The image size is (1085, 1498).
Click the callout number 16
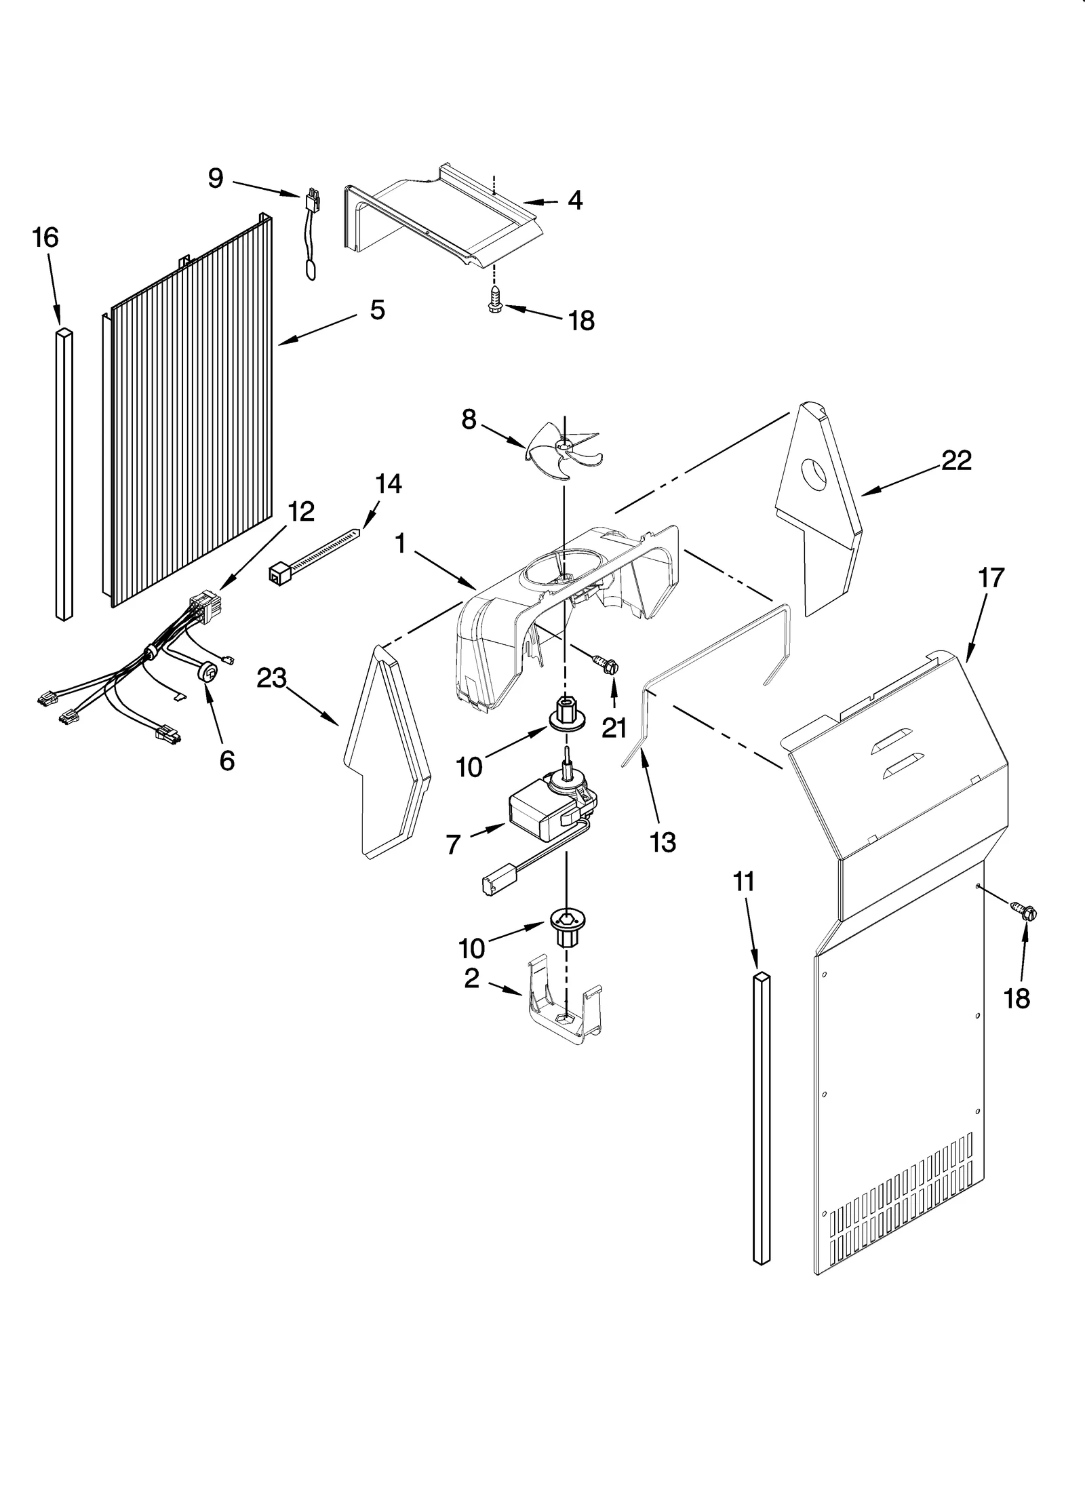(x=45, y=238)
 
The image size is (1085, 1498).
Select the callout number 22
(x=956, y=460)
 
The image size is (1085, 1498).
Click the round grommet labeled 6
(x=208, y=673)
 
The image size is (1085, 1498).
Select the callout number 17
(x=991, y=578)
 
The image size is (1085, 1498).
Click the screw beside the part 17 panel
(x=1023, y=910)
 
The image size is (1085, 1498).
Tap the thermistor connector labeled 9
(x=313, y=201)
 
